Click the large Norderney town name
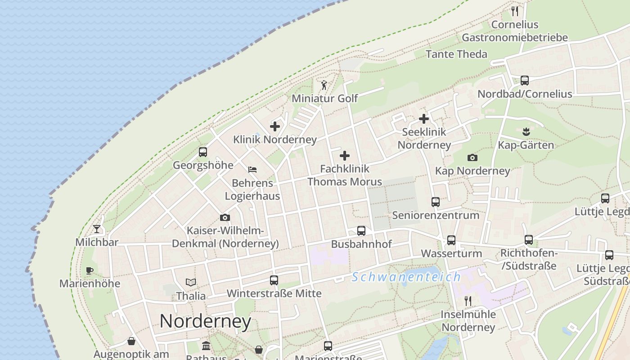pyautogui.click(x=205, y=321)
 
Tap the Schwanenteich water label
pyautogui.click(x=406, y=277)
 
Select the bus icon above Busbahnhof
pyautogui.click(x=361, y=231)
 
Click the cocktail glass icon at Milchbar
pyautogui.click(x=97, y=229)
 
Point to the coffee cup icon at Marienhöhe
pyautogui.click(x=90, y=270)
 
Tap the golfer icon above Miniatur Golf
pyautogui.click(x=324, y=85)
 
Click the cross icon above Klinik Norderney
pyautogui.click(x=275, y=126)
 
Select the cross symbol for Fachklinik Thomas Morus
pyautogui.click(x=345, y=156)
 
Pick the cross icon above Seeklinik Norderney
pyautogui.click(x=424, y=119)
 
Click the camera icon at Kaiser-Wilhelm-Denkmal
pyautogui.click(x=225, y=218)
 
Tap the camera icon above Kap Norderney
pyautogui.click(x=472, y=157)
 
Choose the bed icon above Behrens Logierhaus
pyautogui.click(x=252, y=170)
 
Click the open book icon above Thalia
pyautogui.click(x=191, y=283)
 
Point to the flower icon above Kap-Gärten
pyautogui.click(x=526, y=132)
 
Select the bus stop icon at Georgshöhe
pyautogui.click(x=203, y=152)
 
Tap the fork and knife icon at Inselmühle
pyautogui.click(x=468, y=301)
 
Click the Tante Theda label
pyautogui.click(x=456, y=54)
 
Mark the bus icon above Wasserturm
pyautogui.click(x=451, y=240)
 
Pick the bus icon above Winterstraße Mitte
pyautogui.click(x=274, y=280)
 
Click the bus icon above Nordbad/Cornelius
pyautogui.click(x=525, y=81)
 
